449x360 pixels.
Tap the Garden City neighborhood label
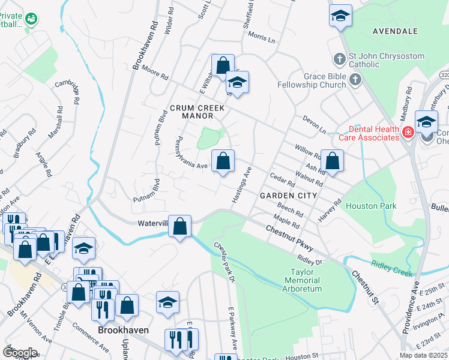288,196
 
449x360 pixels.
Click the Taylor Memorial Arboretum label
302,280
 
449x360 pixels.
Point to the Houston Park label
371,206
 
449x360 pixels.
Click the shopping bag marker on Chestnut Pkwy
180,226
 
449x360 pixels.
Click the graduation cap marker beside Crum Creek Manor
237,83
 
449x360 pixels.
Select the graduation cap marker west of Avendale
340,16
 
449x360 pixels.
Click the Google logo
20,352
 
